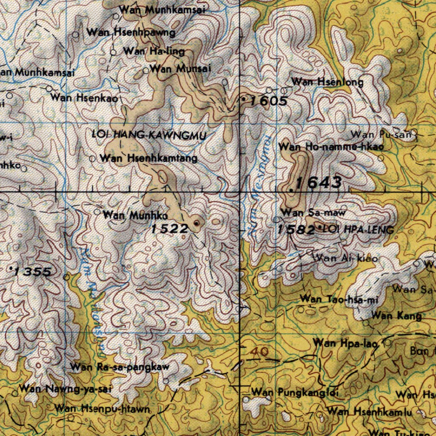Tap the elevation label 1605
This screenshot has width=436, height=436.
[269, 101]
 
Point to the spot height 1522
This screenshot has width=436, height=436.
[169, 229]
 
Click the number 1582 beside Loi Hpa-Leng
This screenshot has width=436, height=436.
[296, 230]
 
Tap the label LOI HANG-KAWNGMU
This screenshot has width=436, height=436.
[149, 136]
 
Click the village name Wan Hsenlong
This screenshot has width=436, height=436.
[327, 82]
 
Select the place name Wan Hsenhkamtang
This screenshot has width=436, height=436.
[149, 158]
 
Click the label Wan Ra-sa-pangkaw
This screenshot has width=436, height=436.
[120, 367]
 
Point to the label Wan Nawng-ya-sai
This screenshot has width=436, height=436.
[65, 389]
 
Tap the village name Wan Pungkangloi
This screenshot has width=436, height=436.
[295, 392]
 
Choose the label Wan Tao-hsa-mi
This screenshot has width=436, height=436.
[339, 300]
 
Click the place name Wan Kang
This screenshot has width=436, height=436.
[396, 316]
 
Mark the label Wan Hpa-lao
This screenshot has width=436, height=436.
[345, 343]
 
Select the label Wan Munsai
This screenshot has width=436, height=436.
[181, 68]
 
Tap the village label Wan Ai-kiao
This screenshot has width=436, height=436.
[345, 258]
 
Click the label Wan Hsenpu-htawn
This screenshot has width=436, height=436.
[103, 409]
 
